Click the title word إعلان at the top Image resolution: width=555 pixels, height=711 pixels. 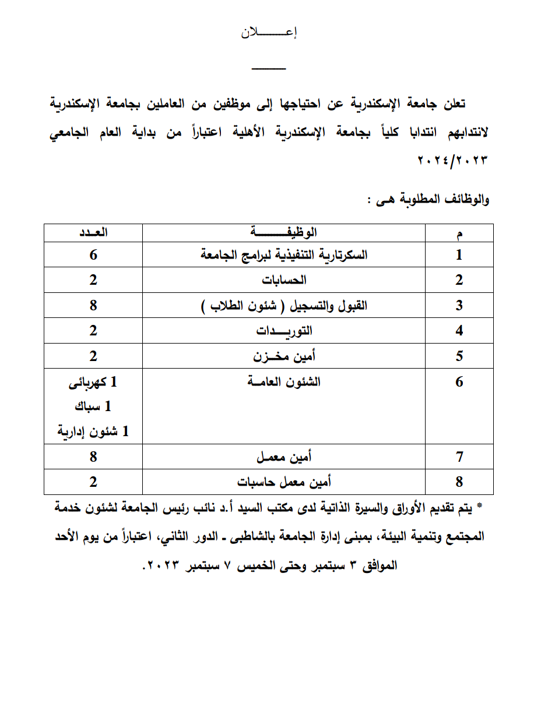click(269, 33)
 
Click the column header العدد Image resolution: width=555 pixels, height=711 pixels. click(94, 233)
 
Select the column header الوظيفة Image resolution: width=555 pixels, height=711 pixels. click(284, 233)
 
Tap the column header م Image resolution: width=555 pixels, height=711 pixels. click(459, 234)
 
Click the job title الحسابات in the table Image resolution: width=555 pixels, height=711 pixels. click(284, 280)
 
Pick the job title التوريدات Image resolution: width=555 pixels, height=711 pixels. click(284, 331)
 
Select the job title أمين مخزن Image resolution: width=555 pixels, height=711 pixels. click(284, 356)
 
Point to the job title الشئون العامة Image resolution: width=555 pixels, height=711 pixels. click(284, 382)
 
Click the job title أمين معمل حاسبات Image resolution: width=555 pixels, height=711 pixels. click(284, 482)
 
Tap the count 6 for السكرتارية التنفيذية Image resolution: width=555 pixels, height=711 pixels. click(94, 254)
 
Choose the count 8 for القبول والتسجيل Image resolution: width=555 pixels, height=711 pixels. click(94, 305)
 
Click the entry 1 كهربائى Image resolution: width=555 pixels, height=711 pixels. click(94, 383)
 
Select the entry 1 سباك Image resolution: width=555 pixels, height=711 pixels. click(94, 407)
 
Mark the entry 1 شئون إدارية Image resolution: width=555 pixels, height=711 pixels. click(94, 431)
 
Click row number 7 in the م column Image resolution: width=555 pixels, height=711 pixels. click(459, 457)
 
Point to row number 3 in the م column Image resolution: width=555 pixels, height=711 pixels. click(459, 306)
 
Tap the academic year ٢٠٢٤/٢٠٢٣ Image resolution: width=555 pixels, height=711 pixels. click(453, 160)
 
